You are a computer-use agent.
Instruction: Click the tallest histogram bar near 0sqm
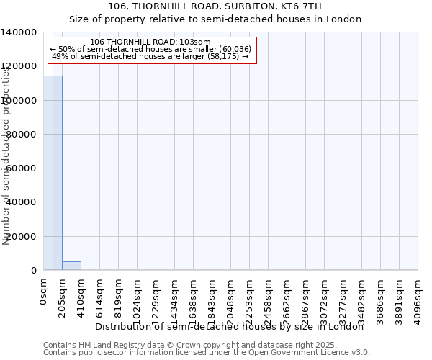point(53,173)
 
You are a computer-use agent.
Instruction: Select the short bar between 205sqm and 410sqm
point(71,266)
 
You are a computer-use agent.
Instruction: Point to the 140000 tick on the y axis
point(23,32)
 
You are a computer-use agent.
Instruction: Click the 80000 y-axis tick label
point(23,135)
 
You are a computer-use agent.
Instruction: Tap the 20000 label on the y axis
point(23,237)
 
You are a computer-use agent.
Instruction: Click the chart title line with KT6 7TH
point(216,6)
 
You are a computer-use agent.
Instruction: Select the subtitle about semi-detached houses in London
point(216,19)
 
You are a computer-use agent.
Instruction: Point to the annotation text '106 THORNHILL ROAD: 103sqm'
point(152,42)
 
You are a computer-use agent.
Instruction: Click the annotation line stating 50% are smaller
point(150,49)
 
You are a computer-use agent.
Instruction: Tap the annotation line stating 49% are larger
point(150,56)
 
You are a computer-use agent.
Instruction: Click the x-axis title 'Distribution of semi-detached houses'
point(230,327)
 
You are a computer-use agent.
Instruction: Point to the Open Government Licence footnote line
point(207,353)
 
